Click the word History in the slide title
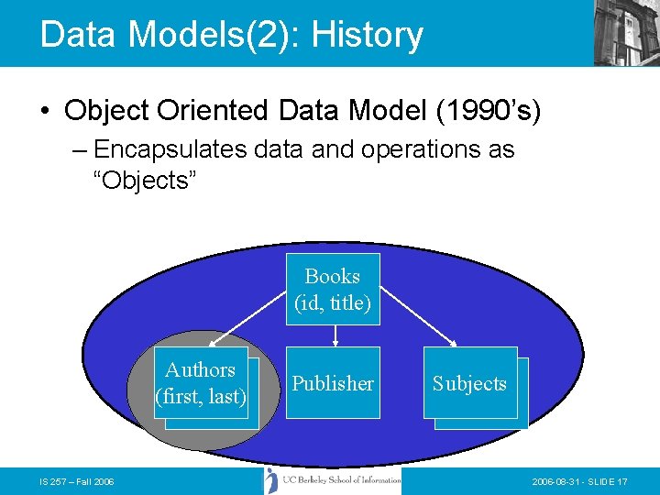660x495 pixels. [x=368, y=35]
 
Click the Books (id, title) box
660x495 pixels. [x=333, y=290]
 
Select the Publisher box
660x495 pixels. [x=333, y=383]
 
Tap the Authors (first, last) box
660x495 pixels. [x=201, y=383]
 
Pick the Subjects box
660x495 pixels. [x=470, y=383]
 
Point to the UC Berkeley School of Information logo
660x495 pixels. [x=333, y=479]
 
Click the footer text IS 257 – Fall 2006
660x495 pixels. [x=77, y=482]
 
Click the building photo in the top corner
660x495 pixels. [x=627, y=33]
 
